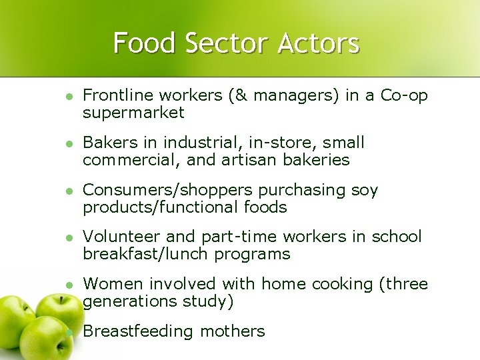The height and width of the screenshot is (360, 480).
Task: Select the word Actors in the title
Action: [x=319, y=43]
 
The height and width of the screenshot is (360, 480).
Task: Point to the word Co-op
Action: [x=404, y=95]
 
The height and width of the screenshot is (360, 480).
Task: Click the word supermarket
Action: [x=133, y=113]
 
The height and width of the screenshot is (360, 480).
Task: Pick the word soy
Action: [x=364, y=190]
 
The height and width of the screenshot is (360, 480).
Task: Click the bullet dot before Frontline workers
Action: [x=67, y=97]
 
